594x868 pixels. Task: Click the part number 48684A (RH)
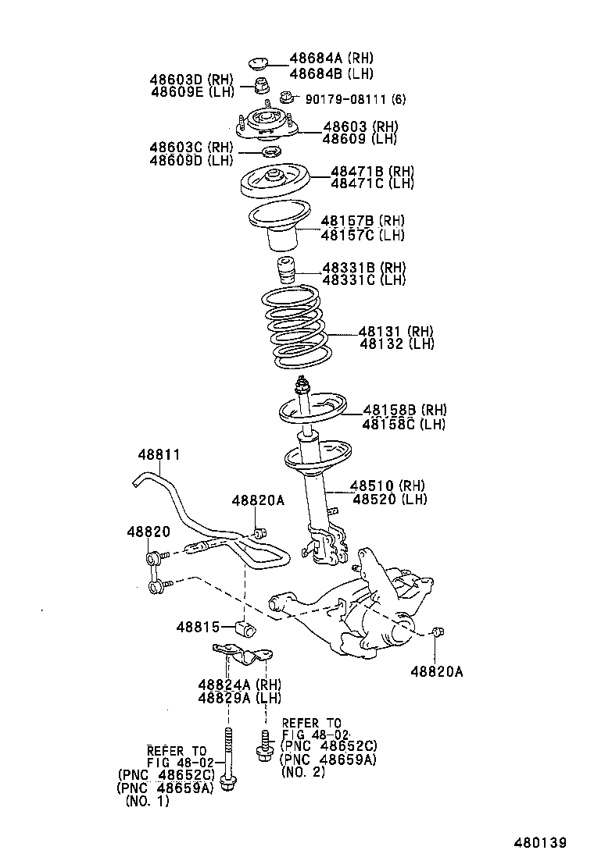tap(331, 59)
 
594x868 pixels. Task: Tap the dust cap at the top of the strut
tap(257, 62)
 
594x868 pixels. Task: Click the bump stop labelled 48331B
tap(287, 272)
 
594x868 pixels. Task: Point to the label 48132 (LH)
tap(396, 343)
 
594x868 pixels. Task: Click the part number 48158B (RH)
tap(404, 410)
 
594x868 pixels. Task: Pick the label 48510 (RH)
tap(395, 486)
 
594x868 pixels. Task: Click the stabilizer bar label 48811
tap(159, 454)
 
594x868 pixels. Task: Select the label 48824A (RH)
tap(239, 685)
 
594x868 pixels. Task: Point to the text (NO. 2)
tap(303, 772)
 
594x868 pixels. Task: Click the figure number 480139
tap(539, 843)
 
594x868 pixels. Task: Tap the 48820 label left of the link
tap(148, 531)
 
